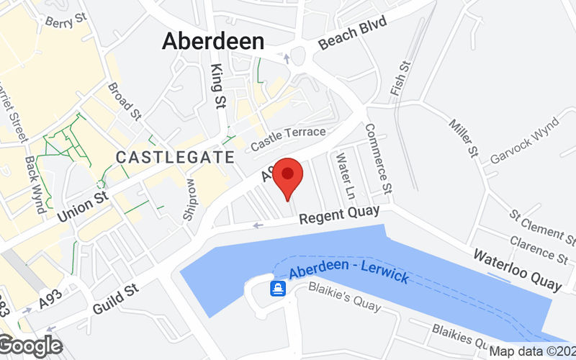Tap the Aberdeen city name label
(x=213, y=40)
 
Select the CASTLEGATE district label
(x=175, y=157)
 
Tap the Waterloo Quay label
(x=516, y=270)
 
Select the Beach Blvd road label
(x=353, y=34)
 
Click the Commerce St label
(x=378, y=158)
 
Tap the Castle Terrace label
(x=288, y=140)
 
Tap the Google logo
(x=31, y=346)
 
